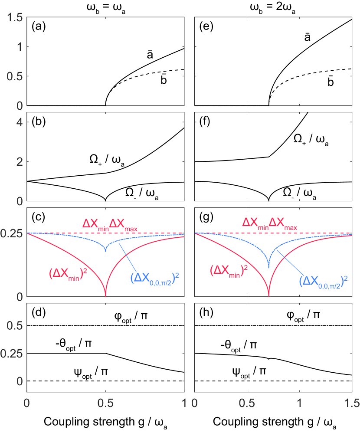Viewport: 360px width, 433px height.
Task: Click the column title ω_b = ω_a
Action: pyautogui.click(x=106, y=8)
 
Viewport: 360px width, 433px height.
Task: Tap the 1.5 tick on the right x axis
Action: pyautogui.click(x=351, y=403)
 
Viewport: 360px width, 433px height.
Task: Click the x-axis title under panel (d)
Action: pyautogui.click(x=106, y=421)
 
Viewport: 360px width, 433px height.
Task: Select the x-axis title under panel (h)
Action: pyautogui.click(x=272, y=421)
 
